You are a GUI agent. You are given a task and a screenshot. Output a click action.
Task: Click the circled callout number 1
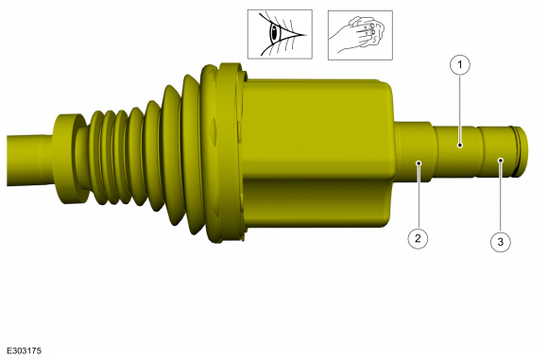coord(460,65)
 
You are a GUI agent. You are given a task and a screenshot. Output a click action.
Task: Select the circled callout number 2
coord(418,239)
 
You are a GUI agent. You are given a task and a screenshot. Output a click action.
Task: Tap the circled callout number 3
coord(501,242)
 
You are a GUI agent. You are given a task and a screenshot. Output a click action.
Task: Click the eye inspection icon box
coord(280,34)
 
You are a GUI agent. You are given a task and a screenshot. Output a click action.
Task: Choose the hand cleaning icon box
coord(360,35)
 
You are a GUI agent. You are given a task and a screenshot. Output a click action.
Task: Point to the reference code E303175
coord(25,351)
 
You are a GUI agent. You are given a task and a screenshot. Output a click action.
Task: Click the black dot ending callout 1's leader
coord(460,145)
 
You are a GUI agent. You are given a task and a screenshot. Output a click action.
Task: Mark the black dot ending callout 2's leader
coord(419,163)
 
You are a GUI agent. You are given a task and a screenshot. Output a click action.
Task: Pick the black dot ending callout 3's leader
coord(501,160)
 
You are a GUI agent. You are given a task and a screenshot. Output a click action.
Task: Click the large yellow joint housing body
coord(318,154)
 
